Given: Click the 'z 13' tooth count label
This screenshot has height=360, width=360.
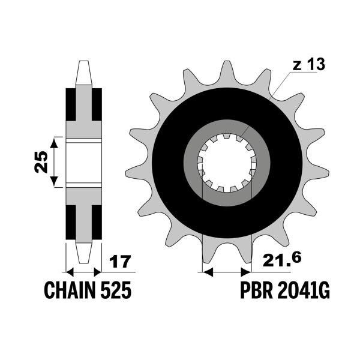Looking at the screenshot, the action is pos(308,64).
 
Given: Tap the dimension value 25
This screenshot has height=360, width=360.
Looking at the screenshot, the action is pos(41,162).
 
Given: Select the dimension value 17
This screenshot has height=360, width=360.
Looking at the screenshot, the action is pos(120,262).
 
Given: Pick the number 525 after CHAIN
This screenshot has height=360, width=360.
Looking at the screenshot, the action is pos(116,290).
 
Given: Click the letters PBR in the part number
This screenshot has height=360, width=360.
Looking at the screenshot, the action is pos(256,290).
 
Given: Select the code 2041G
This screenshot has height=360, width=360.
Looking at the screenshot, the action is pos(304,290).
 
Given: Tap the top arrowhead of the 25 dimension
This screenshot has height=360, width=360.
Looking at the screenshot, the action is pos(54,143).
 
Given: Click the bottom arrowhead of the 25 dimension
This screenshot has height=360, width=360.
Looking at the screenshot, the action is pos(54,181).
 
